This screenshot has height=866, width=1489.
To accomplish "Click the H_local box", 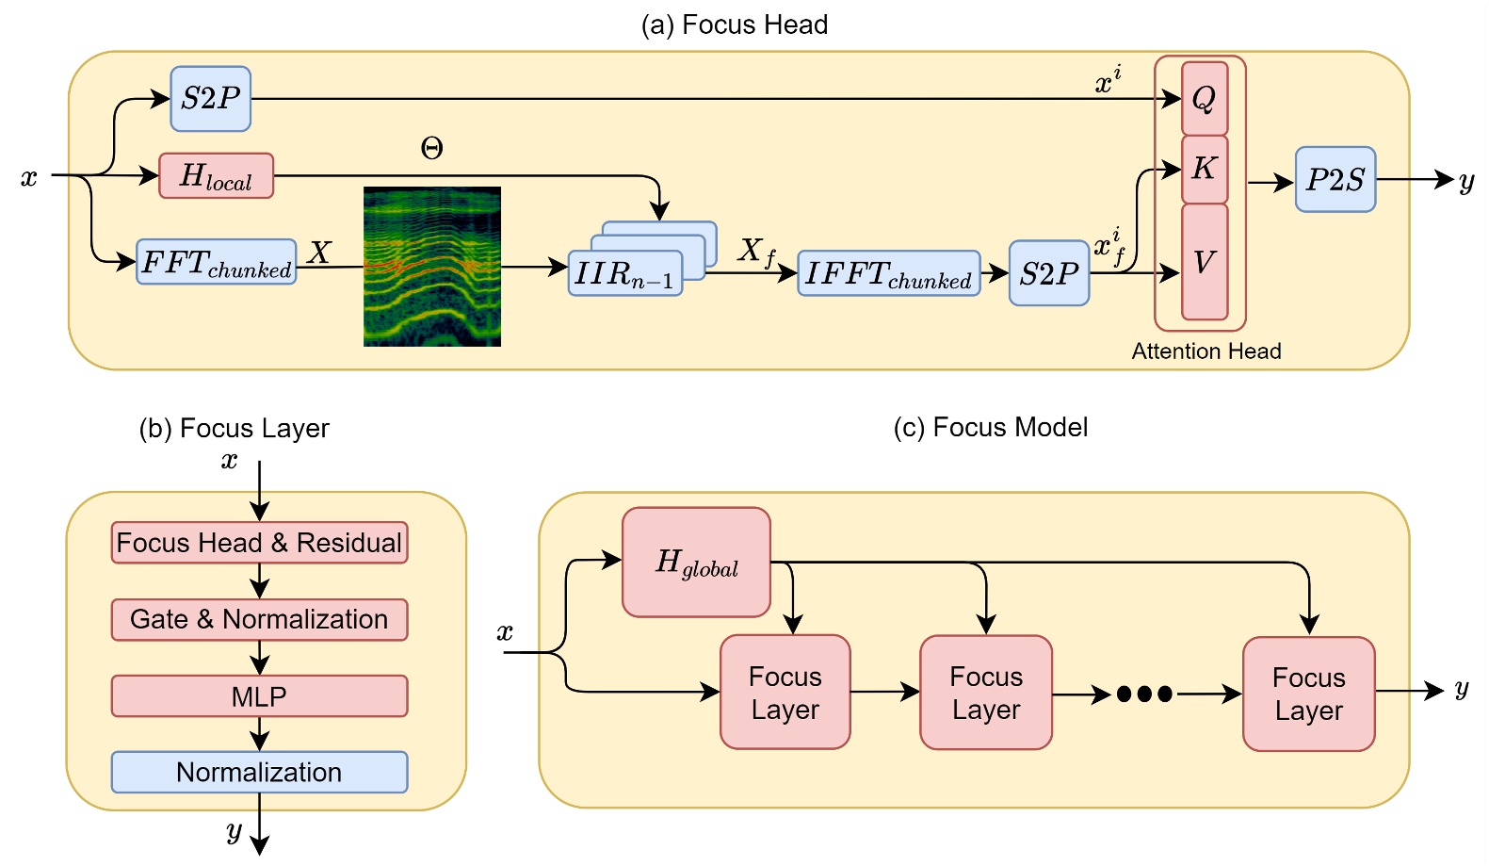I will coord(216,176).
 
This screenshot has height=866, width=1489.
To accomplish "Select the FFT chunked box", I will coord(216,262).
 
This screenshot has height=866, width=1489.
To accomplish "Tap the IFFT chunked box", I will coord(888,273).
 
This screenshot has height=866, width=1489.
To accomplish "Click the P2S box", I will coord(1335,179).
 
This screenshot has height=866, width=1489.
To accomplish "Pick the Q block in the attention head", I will coord(1204,98).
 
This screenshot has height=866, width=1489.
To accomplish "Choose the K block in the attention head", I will coord(1204,169).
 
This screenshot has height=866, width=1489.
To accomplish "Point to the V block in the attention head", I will coord(1204,262).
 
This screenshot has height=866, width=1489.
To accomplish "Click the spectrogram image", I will coord(431,267).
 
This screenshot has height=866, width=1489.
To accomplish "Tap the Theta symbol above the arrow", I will coord(431,148).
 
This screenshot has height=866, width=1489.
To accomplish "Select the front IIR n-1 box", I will coord(624,274).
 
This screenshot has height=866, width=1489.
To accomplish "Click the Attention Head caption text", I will coord(1206,351).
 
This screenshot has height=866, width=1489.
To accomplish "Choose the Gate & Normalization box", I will coord(259,619).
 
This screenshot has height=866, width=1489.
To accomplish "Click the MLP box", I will coord(259,696).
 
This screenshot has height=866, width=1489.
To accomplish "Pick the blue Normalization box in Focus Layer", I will coord(259,772).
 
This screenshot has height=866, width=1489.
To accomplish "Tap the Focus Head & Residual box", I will coord(259,543).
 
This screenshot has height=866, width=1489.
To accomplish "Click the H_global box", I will coord(696,563).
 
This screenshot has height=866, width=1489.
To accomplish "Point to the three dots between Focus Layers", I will coord(1143,694).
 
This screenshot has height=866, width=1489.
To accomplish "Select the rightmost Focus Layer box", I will coord(1308,694).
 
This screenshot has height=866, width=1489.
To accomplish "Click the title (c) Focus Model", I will coord(990,428).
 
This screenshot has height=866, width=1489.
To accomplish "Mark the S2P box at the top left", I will coord(210,98).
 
